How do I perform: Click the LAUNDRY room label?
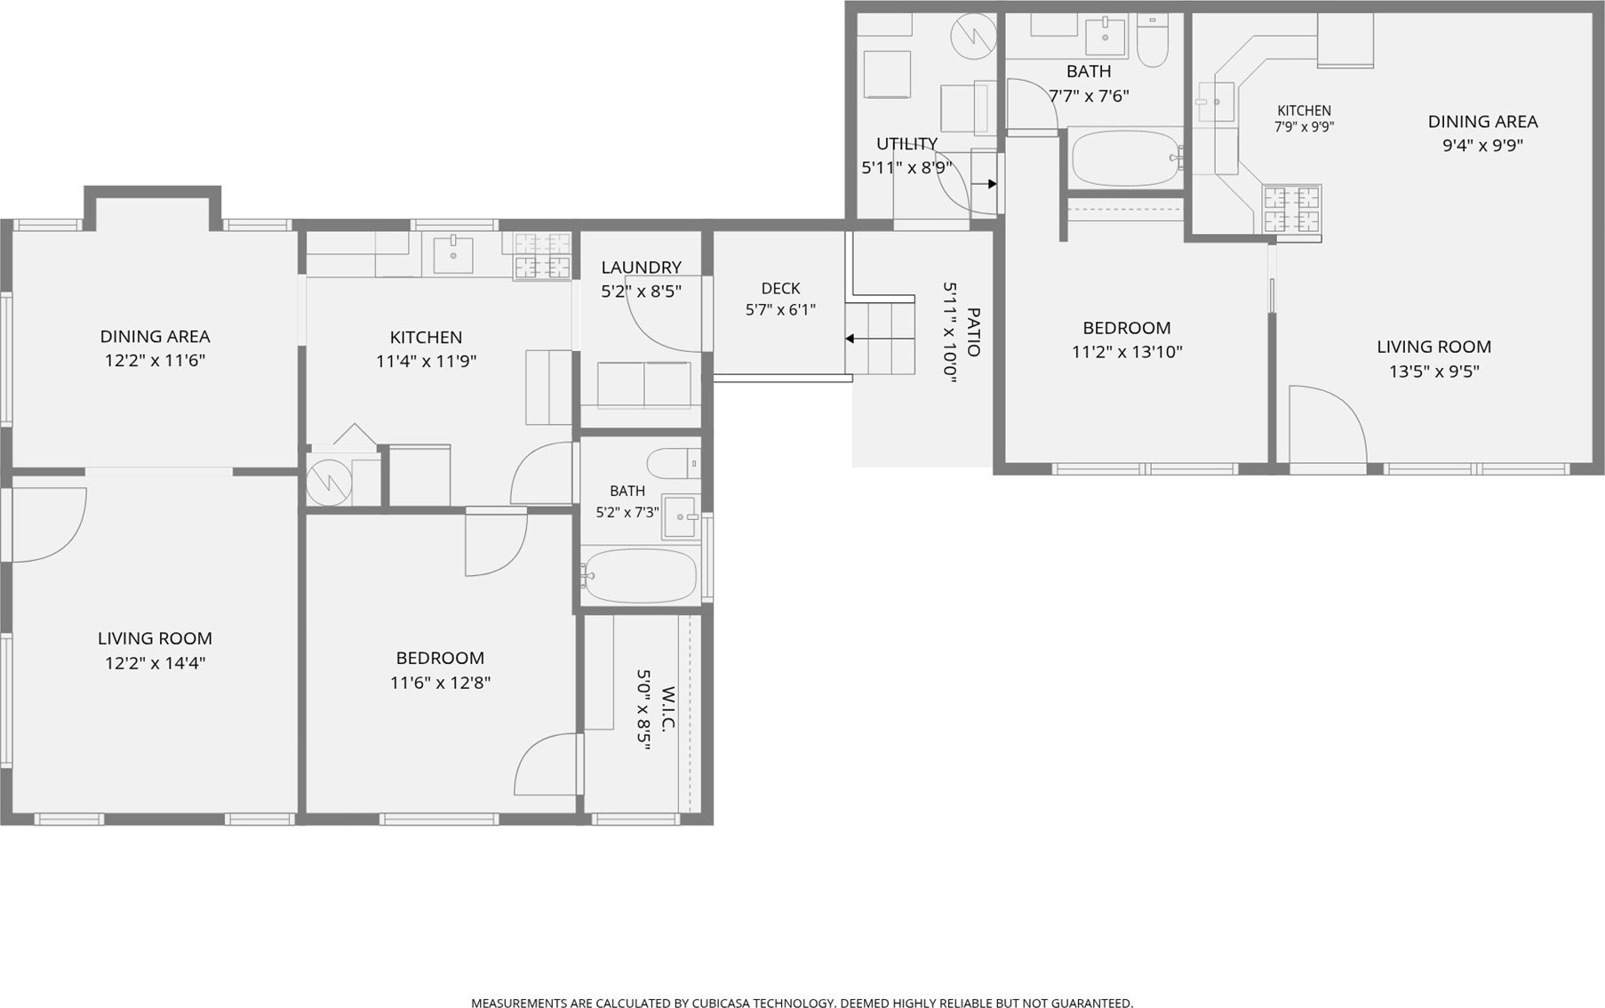[x=641, y=267]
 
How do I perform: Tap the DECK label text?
[x=780, y=288]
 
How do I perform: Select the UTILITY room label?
[x=906, y=144]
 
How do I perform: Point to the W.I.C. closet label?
[x=669, y=708]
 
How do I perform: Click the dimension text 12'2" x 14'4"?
[x=155, y=662]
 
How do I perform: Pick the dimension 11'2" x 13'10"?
[x=1127, y=351]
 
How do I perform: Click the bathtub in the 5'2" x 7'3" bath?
[x=640, y=575]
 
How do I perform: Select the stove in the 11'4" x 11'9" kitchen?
[x=542, y=256]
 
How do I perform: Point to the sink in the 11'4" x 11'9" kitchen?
[x=453, y=254]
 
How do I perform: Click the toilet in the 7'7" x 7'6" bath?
[x=1153, y=41]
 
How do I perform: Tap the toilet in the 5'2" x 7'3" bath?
[x=674, y=463]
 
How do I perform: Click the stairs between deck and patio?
[x=880, y=338]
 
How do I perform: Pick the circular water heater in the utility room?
[x=974, y=36]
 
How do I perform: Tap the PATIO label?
[x=973, y=332]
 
